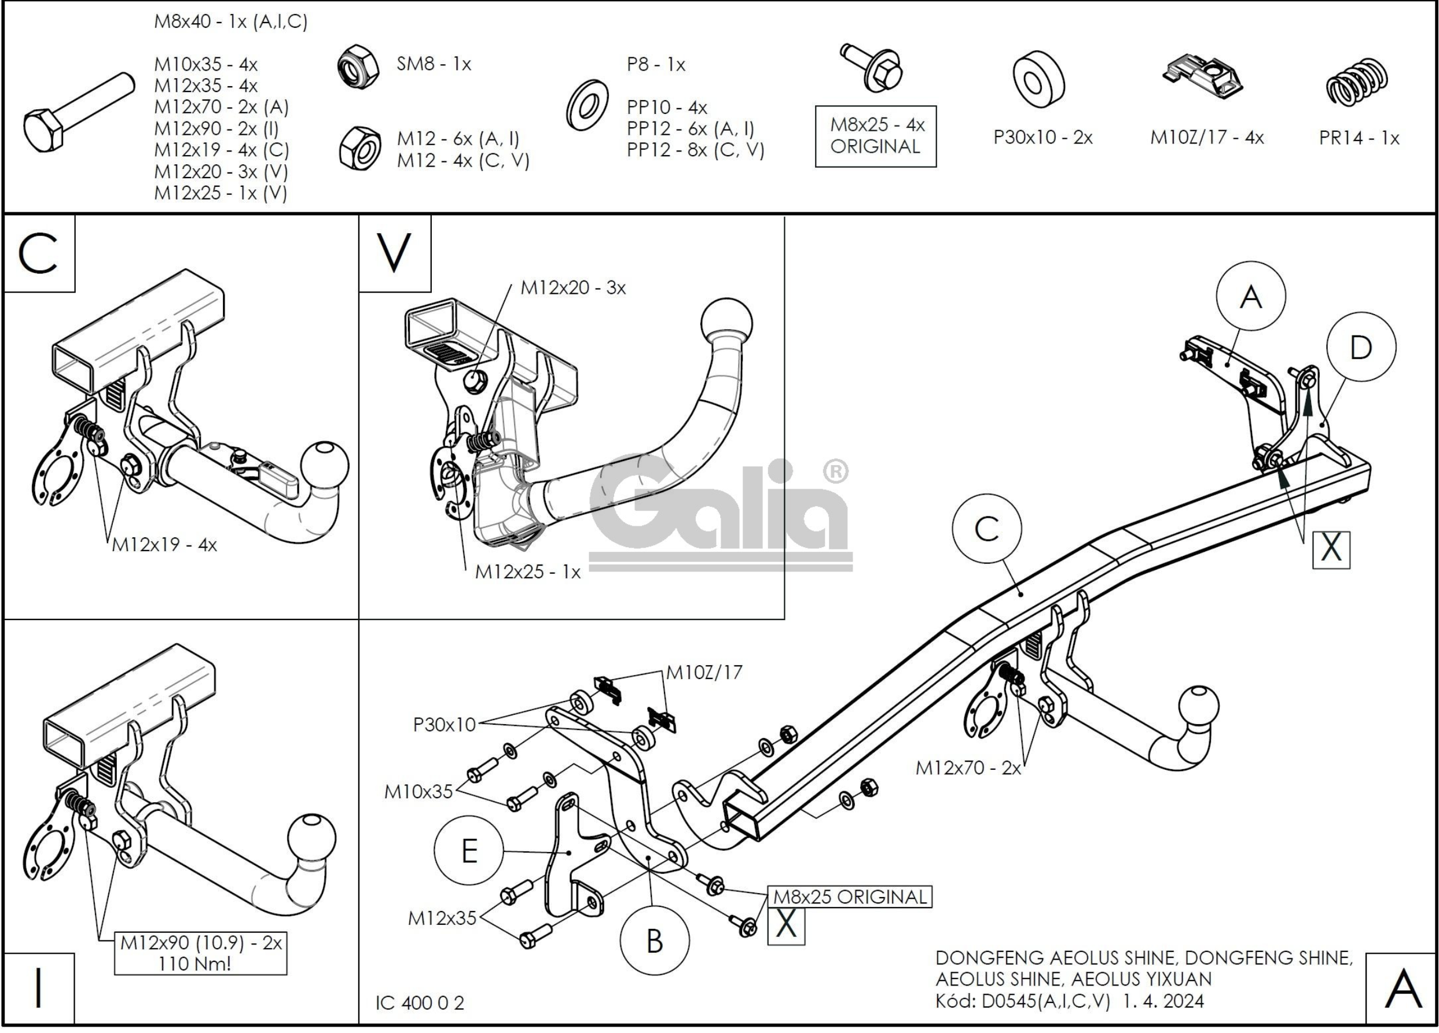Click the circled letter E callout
tap(469, 850)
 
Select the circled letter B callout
tap(654, 940)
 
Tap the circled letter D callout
tap(1361, 347)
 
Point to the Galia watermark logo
tap(721, 511)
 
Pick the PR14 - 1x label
tap(1359, 138)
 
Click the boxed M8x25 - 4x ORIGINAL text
tap(876, 136)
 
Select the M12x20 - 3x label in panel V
tap(573, 288)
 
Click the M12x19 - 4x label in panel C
tap(164, 545)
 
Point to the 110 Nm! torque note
tap(194, 964)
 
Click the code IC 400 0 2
tap(420, 1002)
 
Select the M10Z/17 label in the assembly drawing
tap(704, 672)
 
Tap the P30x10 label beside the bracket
tap(444, 724)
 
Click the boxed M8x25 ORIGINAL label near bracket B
tap(850, 897)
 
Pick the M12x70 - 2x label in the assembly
tap(968, 768)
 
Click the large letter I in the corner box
tap(39, 988)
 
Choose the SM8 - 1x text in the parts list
tap(434, 64)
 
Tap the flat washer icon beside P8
tap(587, 105)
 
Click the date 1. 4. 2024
tap(1163, 1001)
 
